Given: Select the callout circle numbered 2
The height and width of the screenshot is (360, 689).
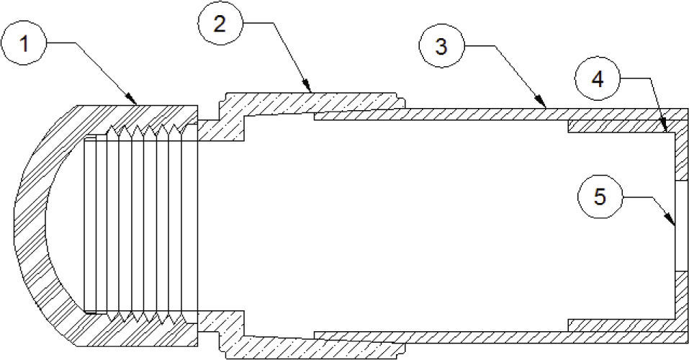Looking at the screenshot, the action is [220, 23].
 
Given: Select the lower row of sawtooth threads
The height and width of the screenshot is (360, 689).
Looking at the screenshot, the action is [144, 315].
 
